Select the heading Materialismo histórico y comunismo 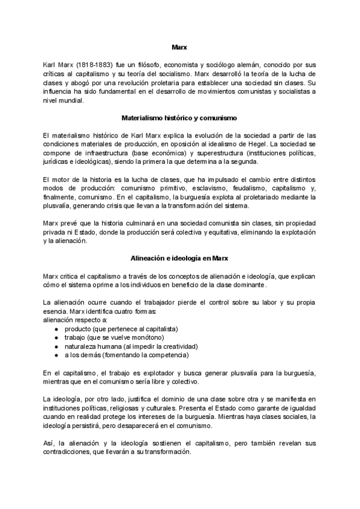pos(179,118)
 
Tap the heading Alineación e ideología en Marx pos(179,258)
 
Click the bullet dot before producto pos(56,329)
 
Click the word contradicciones pos(64,452)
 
